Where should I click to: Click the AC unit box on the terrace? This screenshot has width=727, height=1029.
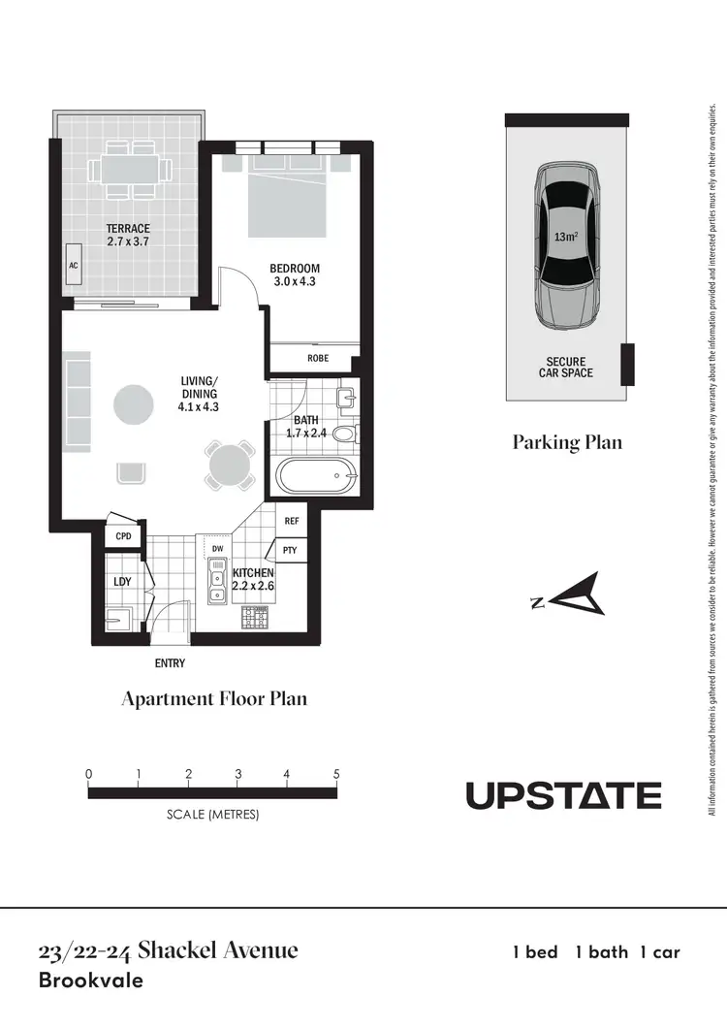73,265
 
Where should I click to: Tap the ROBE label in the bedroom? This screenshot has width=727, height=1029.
318,358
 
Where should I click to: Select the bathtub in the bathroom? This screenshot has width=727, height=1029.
316,477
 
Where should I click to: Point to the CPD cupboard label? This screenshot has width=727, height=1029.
123,536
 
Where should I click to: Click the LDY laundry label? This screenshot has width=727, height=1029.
122,581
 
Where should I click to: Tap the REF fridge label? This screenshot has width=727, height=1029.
291,521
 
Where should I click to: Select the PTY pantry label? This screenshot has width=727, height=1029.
290,551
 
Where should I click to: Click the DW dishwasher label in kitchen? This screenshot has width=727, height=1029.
218,549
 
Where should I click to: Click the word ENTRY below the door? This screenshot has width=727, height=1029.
170,664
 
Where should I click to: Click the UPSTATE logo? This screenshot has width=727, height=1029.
563,796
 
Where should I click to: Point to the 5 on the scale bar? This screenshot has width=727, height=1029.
336,774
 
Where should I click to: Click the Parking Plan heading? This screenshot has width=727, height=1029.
567,443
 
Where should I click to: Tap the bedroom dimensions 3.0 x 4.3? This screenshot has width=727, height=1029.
296,281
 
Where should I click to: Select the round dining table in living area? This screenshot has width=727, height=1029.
231,464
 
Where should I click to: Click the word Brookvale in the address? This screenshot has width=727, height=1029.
90,981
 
